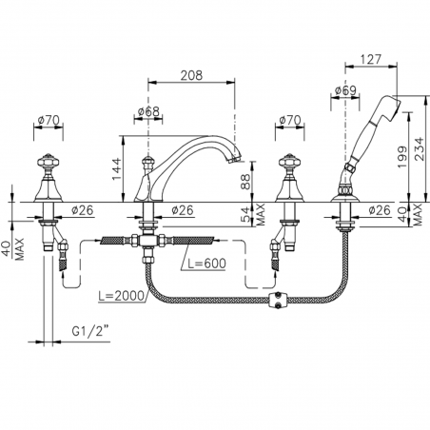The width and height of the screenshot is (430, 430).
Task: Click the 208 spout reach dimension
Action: [191, 75]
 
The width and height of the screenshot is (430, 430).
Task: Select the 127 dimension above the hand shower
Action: [370, 59]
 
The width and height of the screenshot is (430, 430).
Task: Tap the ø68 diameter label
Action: [148, 111]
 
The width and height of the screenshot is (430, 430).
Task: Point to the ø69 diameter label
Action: [345, 90]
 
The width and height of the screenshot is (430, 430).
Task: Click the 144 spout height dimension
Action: [116, 168]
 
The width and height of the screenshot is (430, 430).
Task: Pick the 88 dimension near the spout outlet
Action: [245, 182]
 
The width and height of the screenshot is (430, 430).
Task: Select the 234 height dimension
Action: [419, 148]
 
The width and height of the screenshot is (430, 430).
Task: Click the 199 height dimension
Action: [401, 157]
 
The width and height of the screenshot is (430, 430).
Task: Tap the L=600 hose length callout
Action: [206, 264]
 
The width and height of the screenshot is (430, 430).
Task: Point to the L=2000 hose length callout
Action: [121, 296]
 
